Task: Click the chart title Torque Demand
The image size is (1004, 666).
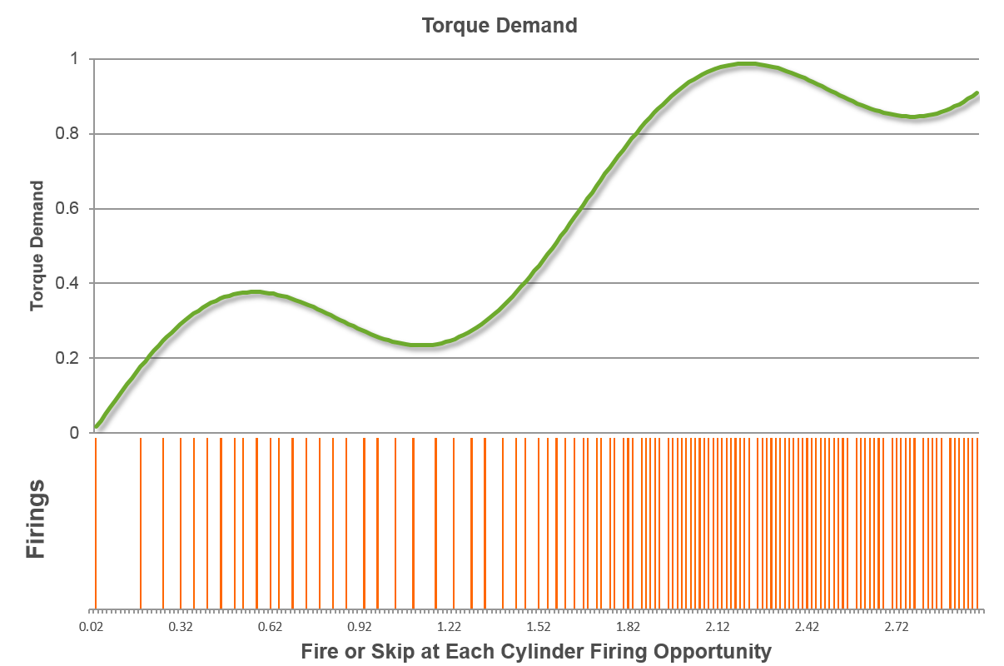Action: point(500,25)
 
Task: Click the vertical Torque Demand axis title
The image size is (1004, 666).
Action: point(37,246)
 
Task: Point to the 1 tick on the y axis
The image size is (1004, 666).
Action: point(74,59)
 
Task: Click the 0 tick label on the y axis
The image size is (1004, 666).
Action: point(74,433)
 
